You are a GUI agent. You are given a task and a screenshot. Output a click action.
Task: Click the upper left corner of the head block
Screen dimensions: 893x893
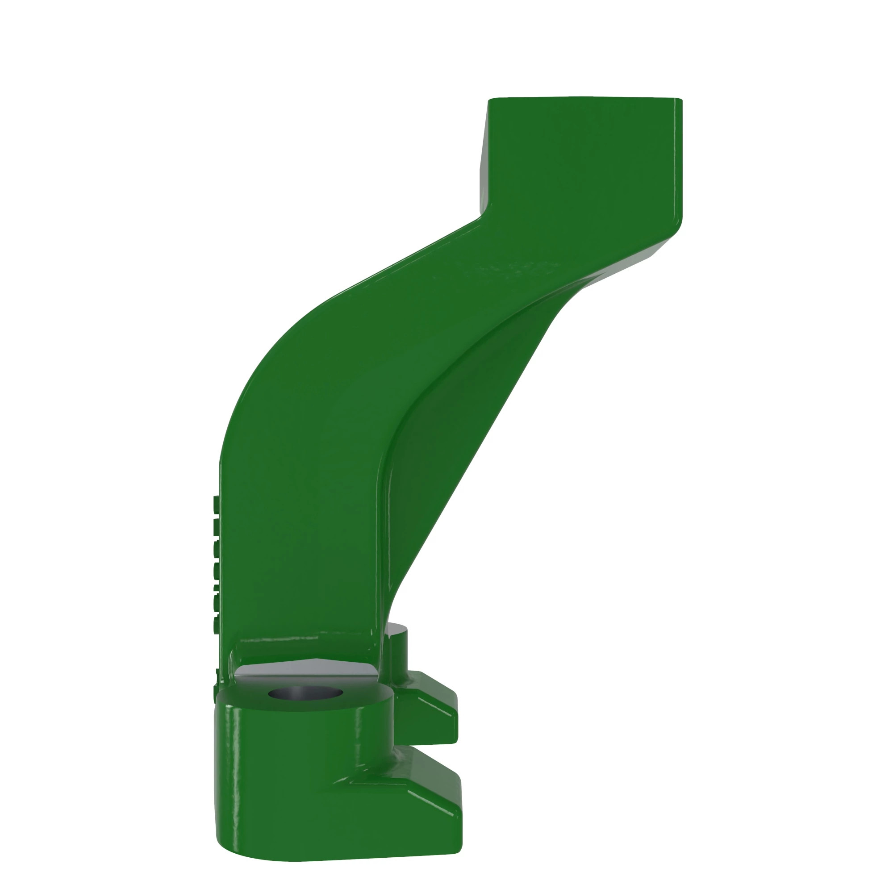coord(491,100)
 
